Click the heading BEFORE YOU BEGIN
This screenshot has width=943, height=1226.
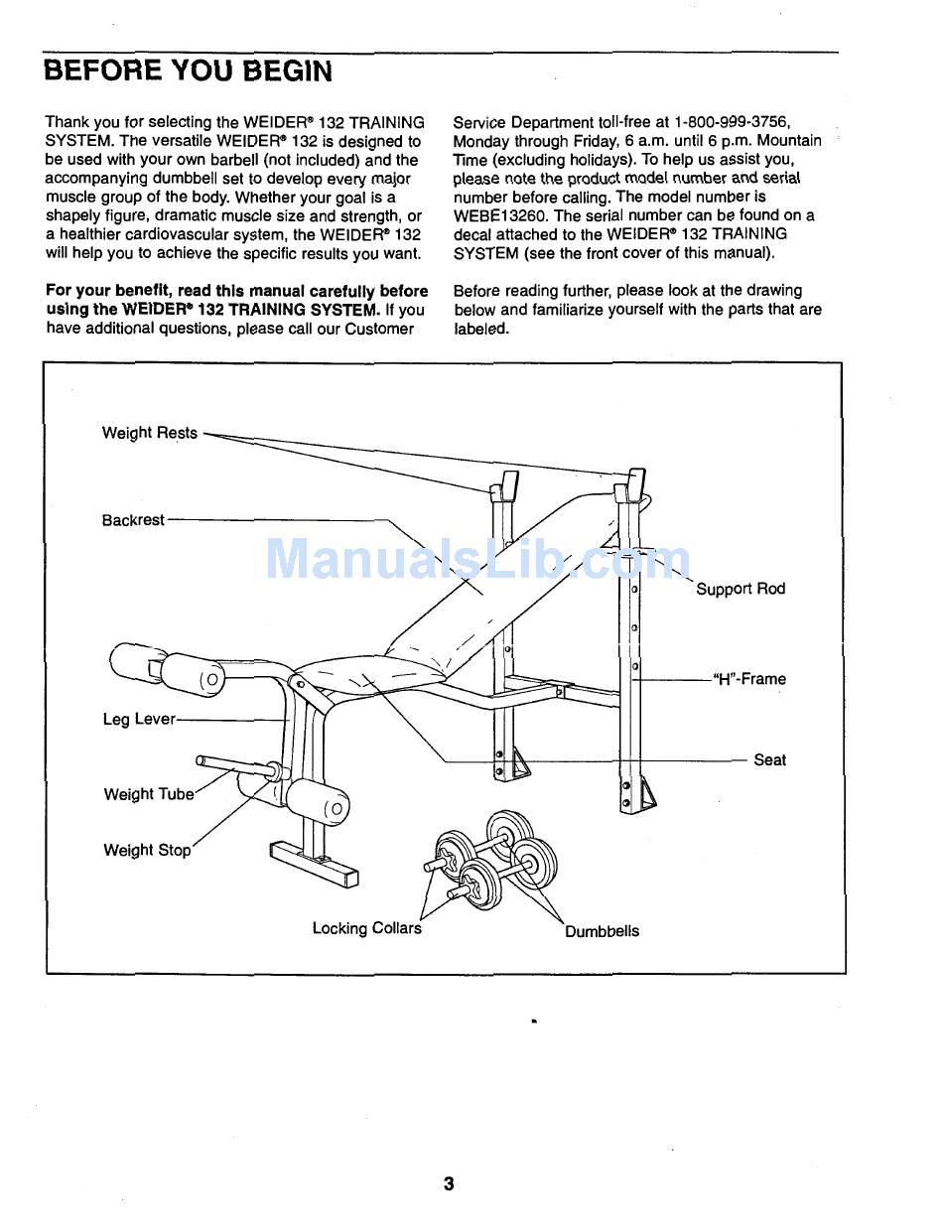click(x=189, y=71)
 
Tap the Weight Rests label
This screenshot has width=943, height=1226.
click(x=150, y=433)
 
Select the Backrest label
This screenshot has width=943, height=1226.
click(x=133, y=520)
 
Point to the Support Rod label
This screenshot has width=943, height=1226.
click(x=741, y=589)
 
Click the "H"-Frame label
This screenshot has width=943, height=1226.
click(x=749, y=679)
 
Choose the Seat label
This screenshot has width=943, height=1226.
click(x=769, y=760)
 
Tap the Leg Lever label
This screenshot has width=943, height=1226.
click(x=138, y=719)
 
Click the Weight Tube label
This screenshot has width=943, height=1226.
click(x=149, y=794)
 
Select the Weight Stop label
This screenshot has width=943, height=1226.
click(x=147, y=850)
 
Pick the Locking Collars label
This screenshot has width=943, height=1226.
click(x=366, y=928)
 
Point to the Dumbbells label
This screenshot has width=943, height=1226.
click(x=602, y=931)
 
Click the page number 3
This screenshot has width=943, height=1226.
click(x=449, y=1183)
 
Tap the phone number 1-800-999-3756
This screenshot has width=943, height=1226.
click(x=732, y=122)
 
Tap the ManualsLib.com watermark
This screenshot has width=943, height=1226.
click(x=476, y=561)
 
